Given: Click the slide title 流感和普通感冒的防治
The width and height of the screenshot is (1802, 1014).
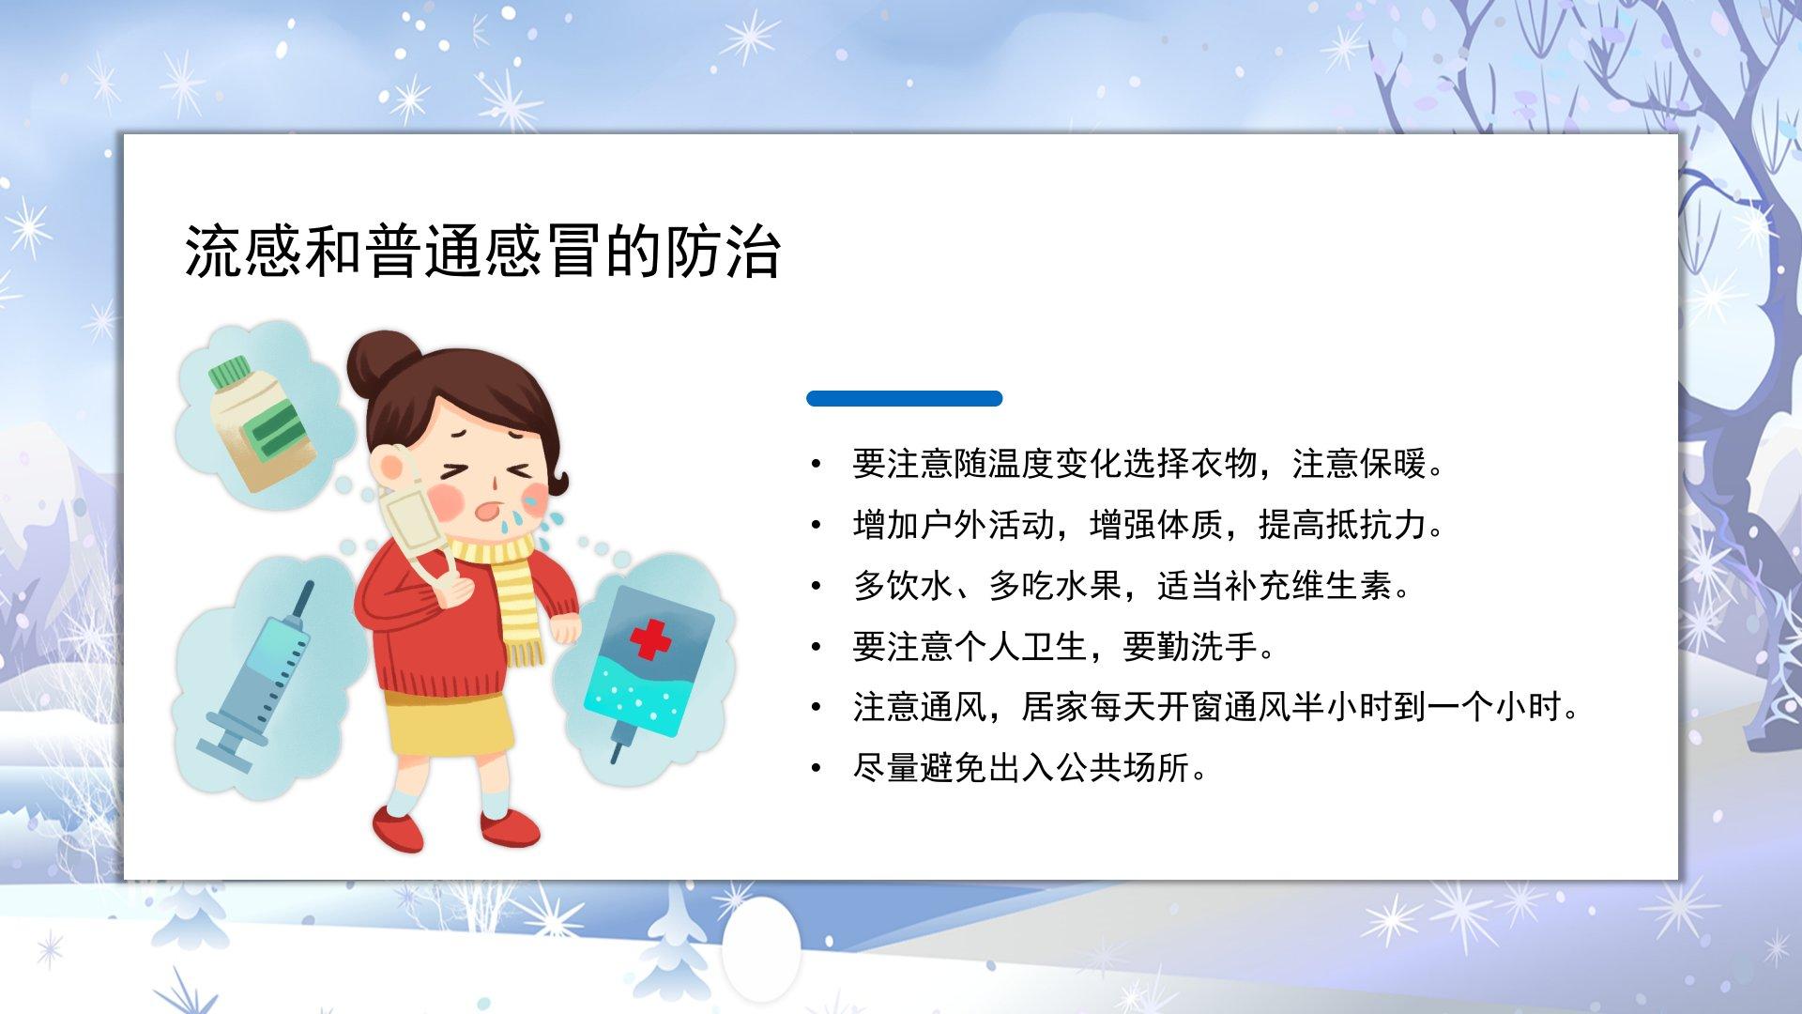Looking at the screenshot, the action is (481, 251).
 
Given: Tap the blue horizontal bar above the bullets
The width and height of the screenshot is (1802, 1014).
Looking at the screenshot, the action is (904, 398).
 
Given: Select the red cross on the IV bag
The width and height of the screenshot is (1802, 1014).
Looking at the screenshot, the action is (650, 640).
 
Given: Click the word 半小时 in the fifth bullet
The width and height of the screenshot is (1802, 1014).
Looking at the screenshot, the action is (1309, 707).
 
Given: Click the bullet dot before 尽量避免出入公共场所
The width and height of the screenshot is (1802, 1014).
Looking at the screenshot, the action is (817, 769).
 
